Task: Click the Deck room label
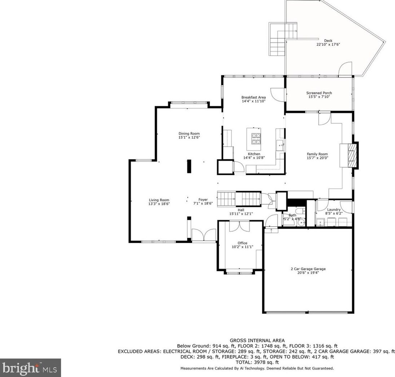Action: tap(328, 41)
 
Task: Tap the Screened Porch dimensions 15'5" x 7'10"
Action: tap(319, 97)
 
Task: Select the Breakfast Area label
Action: tap(253, 97)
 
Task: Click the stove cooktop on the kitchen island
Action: tap(256, 139)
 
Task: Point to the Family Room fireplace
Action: tap(352, 155)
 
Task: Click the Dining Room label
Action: tap(189, 134)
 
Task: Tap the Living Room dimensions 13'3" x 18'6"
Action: tap(159, 204)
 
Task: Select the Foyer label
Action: tap(203, 200)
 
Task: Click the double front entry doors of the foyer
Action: tap(204, 235)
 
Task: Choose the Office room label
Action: tap(242, 243)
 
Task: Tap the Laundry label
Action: tap(334, 209)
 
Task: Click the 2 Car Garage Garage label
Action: tap(308, 269)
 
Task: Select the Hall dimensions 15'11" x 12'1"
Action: tap(241, 214)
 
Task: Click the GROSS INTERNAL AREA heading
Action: tap(257, 341)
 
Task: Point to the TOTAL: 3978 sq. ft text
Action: tap(257, 362)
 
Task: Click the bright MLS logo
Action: tap(31, 368)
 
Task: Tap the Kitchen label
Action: tap(254, 154)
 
